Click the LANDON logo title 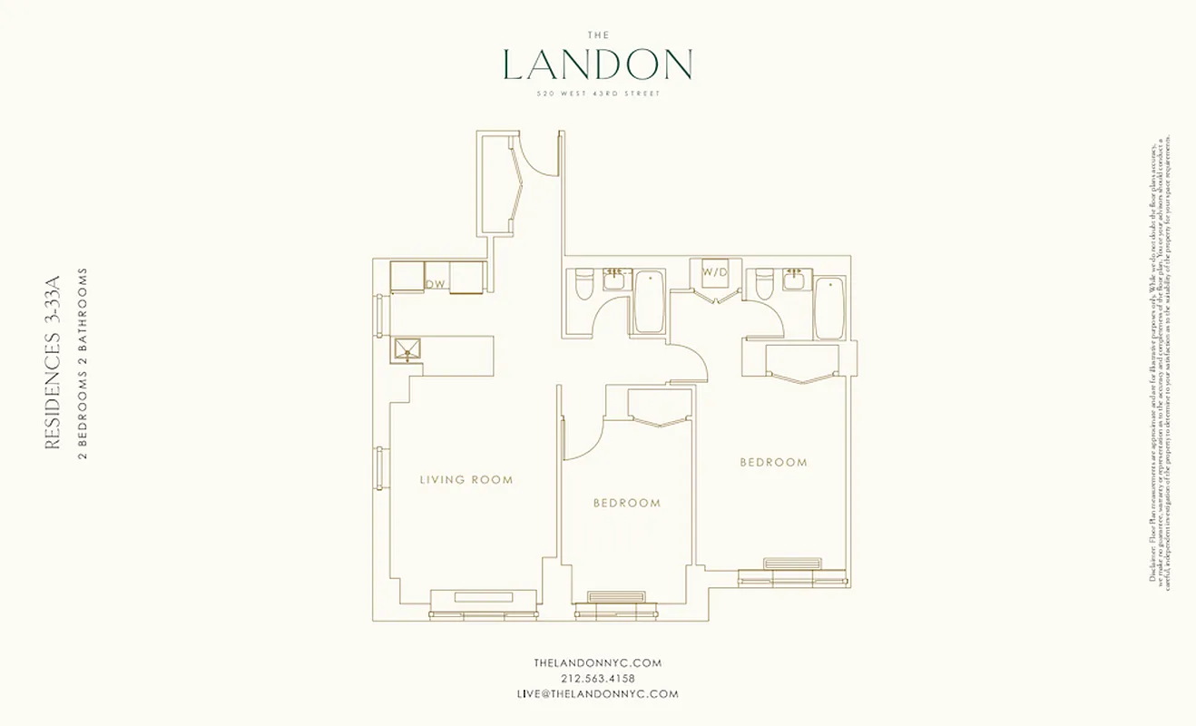coord(597,64)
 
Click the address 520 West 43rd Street coord(597,93)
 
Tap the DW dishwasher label coord(436,284)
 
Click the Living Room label coord(466,479)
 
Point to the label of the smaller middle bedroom coord(627,503)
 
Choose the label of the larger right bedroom coord(773,462)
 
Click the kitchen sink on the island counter coord(407,350)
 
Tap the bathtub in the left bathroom coord(648,302)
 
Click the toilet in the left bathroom coord(583,286)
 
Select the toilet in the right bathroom coord(763,286)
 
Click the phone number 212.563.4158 coord(597,678)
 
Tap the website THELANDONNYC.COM coord(597,662)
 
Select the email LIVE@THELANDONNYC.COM coord(597,693)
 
